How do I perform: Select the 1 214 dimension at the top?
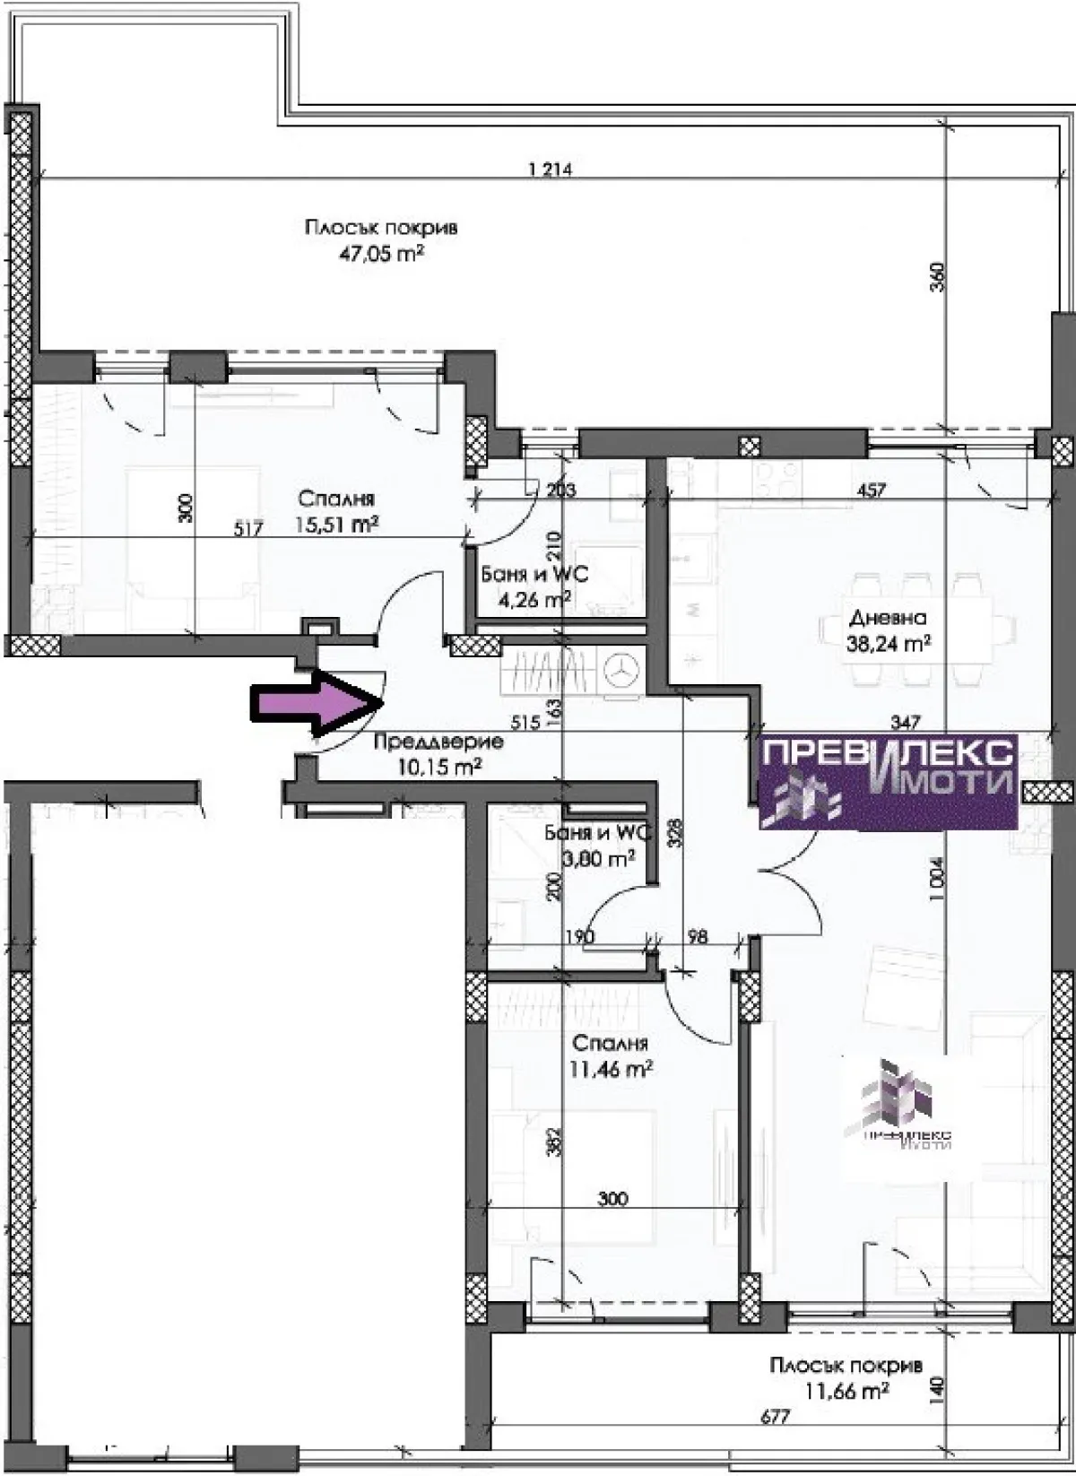[550, 169]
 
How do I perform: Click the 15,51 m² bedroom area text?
[335, 525]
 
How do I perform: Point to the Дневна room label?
[887, 618]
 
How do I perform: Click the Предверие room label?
[438, 742]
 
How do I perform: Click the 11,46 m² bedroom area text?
[610, 1069]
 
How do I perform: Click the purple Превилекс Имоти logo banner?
[888, 780]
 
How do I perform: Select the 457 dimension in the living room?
[871, 490]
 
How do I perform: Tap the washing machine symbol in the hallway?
[621, 669]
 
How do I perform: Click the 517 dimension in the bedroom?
[247, 529]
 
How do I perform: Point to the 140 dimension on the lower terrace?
[938, 1388]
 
